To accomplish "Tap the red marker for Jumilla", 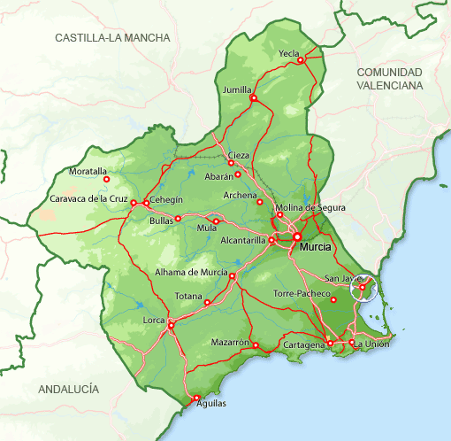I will point(253,99).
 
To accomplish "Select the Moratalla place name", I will point(88,171).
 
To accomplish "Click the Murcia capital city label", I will point(316,248).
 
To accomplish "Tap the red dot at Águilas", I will point(196,398).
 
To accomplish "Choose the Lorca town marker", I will point(171,325).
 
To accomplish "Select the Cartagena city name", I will point(302,344).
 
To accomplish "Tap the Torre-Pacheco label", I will point(300,292).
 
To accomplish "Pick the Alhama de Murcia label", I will point(191,272).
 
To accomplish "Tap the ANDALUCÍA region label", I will point(69,390).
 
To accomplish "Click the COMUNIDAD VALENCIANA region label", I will point(389,78).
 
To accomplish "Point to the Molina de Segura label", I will point(315,207).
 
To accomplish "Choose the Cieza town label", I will point(239,155).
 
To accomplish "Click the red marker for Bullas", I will point(178,219).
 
